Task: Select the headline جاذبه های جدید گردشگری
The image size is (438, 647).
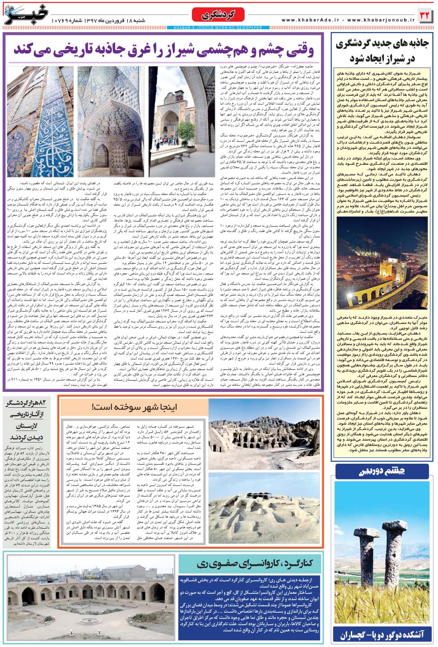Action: [382, 44]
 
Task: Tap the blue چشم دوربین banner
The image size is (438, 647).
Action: [382, 471]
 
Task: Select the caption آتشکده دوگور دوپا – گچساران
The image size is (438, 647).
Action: [382, 635]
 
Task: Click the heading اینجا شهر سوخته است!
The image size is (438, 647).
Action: [135, 407]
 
